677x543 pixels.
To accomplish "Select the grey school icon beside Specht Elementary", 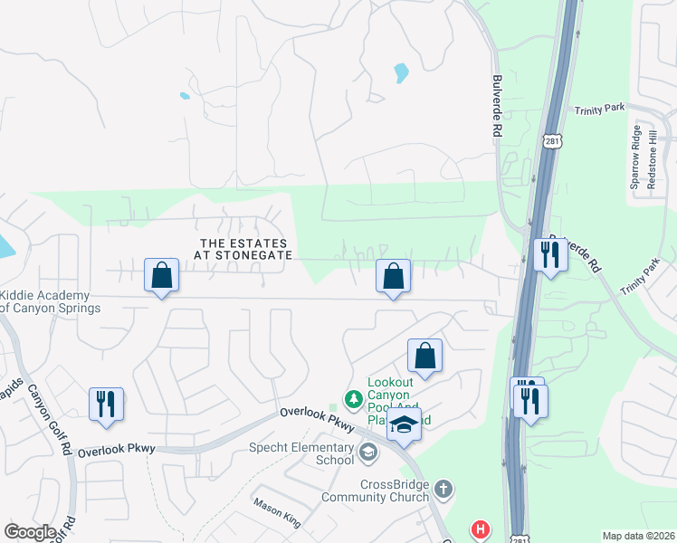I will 368,451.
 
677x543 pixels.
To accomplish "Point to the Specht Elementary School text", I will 302,453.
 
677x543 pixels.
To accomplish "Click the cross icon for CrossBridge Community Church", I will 443,490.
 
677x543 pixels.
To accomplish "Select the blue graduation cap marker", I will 404,426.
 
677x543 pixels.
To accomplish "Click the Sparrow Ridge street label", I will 635,159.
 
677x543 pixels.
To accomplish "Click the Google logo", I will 30,532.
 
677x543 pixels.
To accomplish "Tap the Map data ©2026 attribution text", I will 638,536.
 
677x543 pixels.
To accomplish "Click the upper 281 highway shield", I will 552,141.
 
